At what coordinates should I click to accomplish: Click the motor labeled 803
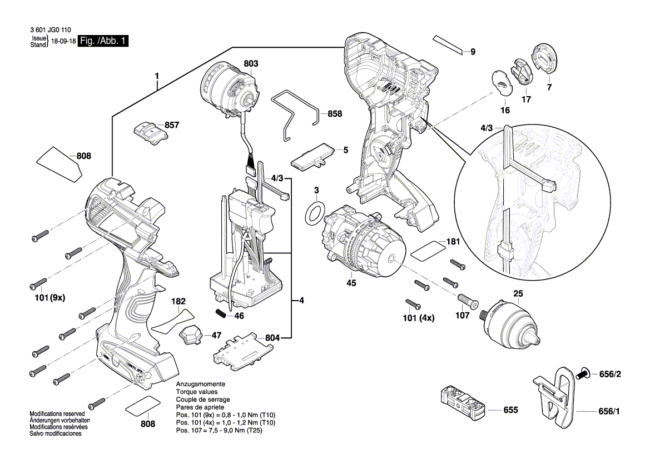coord(227,89)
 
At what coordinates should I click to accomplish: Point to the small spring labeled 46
coord(221,313)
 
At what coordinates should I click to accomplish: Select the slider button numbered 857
coord(150,133)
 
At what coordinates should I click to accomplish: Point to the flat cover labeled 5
coord(312,157)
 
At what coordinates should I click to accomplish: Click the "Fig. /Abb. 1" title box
coord(103,41)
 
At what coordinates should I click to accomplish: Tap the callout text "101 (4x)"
coord(419,318)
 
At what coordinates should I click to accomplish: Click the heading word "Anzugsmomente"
coord(201,384)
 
